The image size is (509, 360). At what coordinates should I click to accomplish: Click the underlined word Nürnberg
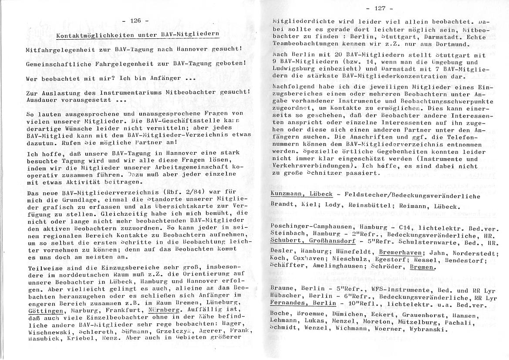pos(164,310)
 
